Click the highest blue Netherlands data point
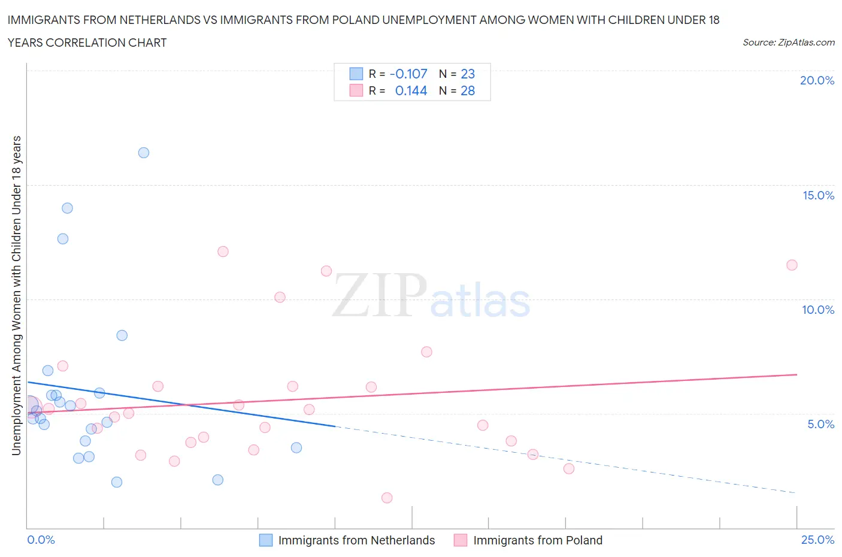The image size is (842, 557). (144, 153)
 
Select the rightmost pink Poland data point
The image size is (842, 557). (792, 265)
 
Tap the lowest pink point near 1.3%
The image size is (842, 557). (387, 498)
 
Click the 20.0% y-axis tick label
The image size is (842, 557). (817, 80)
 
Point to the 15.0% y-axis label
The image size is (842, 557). (818, 195)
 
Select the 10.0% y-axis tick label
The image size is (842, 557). (818, 310)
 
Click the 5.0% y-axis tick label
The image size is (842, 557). (820, 424)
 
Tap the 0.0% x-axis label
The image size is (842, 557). (41, 540)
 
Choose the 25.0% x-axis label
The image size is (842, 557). (817, 540)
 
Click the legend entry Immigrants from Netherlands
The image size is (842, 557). (356, 540)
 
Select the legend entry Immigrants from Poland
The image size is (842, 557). (537, 540)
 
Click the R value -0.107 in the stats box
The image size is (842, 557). (408, 74)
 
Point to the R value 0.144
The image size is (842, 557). (411, 91)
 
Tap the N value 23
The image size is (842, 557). (468, 74)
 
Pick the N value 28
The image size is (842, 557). (468, 91)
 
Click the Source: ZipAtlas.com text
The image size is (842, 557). (788, 43)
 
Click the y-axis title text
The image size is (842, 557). (16, 295)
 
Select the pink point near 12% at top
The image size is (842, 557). (223, 252)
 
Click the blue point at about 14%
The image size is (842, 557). (67, 208)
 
